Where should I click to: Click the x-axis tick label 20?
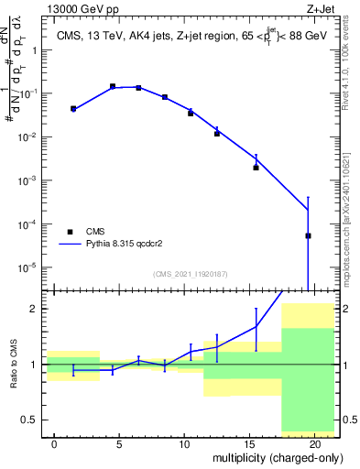[x=314, y=444]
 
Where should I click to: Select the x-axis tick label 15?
[x=249, y=444]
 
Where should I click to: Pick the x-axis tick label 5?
[x=119, y=444]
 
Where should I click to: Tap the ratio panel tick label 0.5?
[x=30, y=420]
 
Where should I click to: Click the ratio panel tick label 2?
[x=35, y=309]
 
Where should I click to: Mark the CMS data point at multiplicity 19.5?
[x=308, y=235]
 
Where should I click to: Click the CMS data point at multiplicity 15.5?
[x=256, y=168]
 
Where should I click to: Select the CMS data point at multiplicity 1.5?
[x=73, y=108]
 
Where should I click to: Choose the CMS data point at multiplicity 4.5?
[x=113, y=86]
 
